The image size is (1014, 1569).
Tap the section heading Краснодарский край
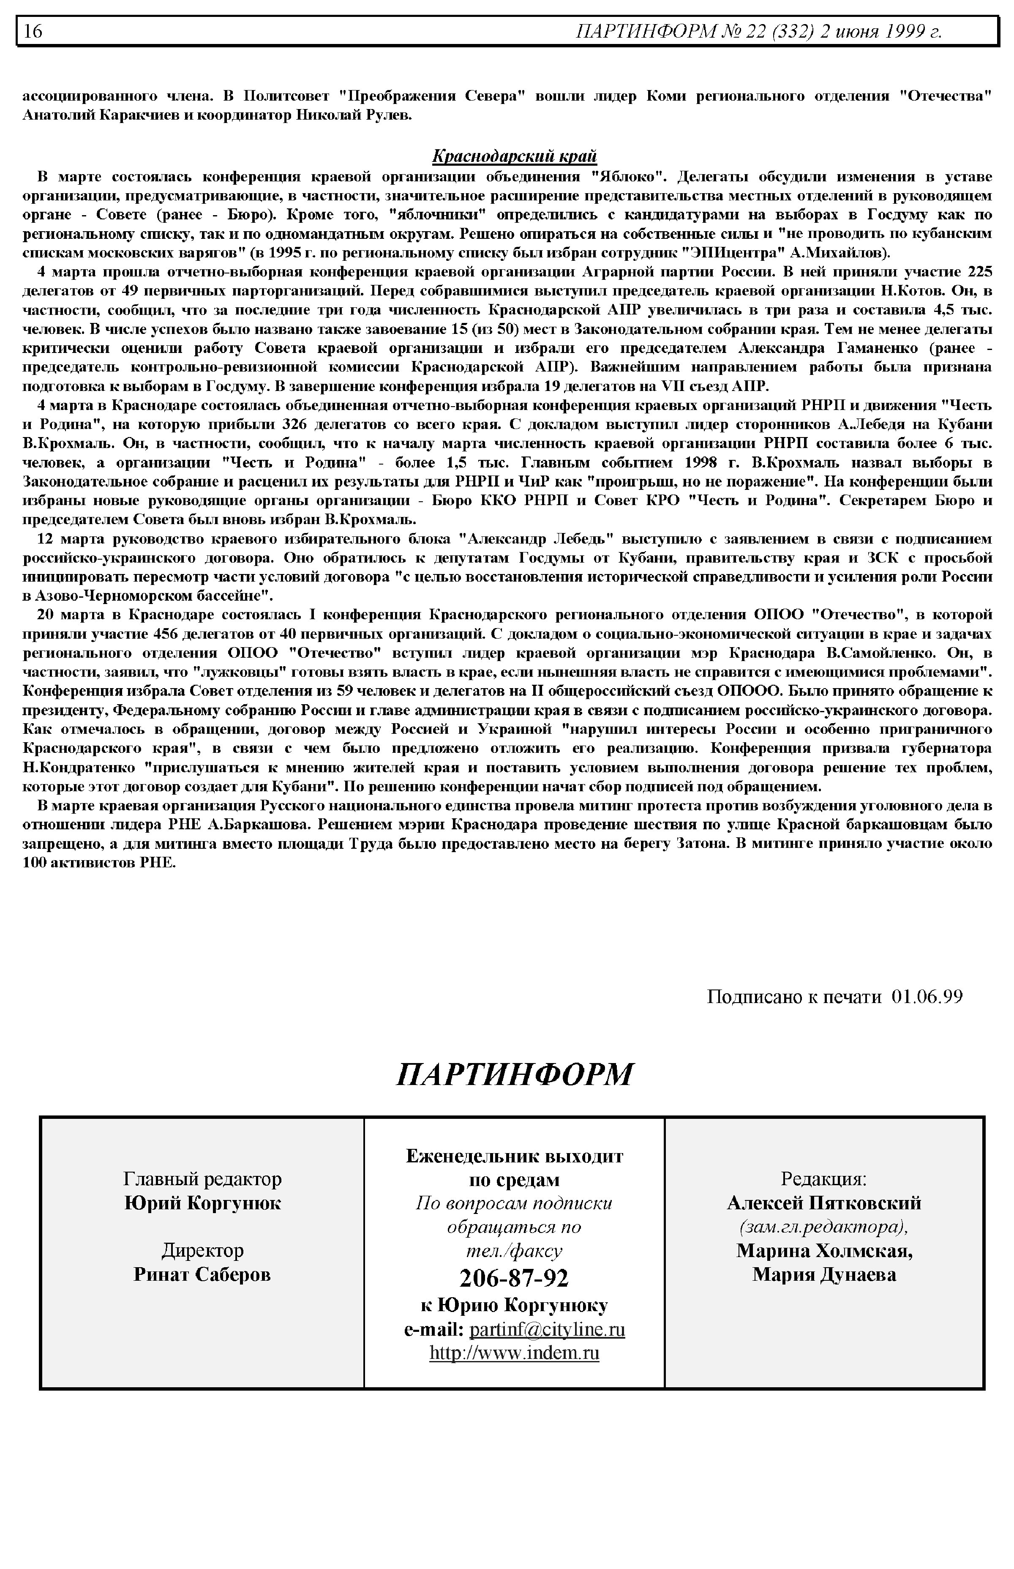click(x=514, y=156)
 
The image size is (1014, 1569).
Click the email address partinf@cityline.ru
click(x=547, y=1329)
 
